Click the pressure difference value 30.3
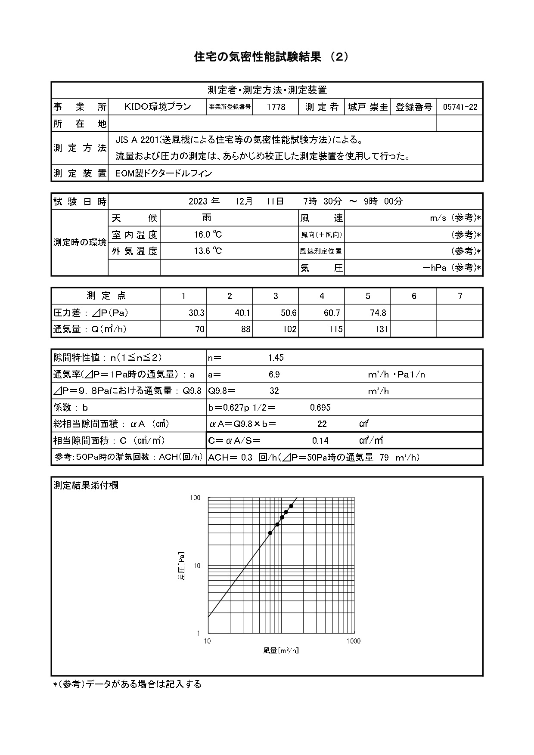coord(196,313)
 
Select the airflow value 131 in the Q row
coord(381,330)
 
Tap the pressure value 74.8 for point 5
coord(378,313)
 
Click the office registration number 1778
coord(276,107)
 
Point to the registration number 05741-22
coord(460,107)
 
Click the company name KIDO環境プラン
coord(157,107)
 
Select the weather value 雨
coord(207,218)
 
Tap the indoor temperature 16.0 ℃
coord(208,235)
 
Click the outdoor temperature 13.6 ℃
coord(208,251)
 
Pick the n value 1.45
coord(276,358)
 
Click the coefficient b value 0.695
coord(320,408)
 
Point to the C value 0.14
coord(320,441)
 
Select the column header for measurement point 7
coord(460,296)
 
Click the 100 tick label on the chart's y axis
coord(195,498)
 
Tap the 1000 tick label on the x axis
coord(353,641)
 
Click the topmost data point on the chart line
coord(291,506)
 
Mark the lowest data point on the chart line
coord(270,533)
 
